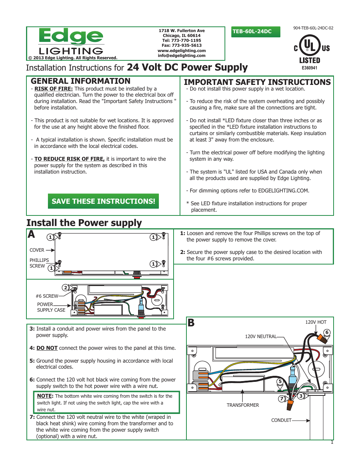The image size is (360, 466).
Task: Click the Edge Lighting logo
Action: pyautogui.click(x=71, y=42)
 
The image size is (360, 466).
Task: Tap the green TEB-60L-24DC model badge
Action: pyautogui.click(x=256, y=32)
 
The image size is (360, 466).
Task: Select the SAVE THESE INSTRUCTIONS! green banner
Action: pyautogui.click(x=103, y=201)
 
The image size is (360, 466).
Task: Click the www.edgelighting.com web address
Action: pyautogui.click(x=182, y=51)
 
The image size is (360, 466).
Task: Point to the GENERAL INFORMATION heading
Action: pyautogui.click(x=80, y=81)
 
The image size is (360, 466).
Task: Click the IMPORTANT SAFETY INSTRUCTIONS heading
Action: pyautogui.click(x=257, y=82)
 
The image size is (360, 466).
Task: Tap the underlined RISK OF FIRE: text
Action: pyautogui.click(x=53, y=89)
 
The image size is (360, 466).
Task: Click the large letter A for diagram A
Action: pyautogui.click(x=31, y=235)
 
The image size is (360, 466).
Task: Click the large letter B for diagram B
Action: pyautogui.click(x=191, y=323)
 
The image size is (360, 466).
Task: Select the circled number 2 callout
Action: pyautogui.click(x=65, y=288)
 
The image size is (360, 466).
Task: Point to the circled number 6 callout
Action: pyautogui.click(x=327, y=332)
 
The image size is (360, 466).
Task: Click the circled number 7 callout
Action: pyautogui.click(x=282, y=398)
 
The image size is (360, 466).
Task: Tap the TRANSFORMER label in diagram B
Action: pyautogui.click(x=243, y=405)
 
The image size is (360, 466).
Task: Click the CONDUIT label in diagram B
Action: pyautogui.click(x=281, y=420)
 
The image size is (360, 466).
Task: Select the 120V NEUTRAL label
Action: pyautogui.click(x=261, y=337)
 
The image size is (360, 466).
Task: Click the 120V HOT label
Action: pyautogui.click(x=316, y=322)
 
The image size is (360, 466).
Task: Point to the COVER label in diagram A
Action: pyautogui.click(x=37, y=250)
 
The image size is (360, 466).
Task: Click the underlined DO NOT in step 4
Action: pyautogui.click(x=47, y=348)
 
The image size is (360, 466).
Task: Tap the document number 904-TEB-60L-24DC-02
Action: pyautogui.click(x=313, y=28)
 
